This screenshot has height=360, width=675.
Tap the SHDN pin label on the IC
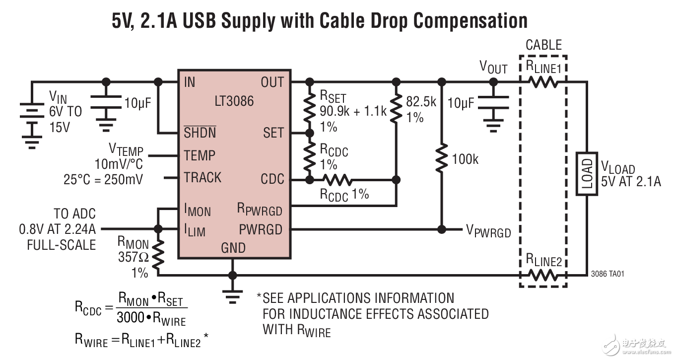coord(200,133)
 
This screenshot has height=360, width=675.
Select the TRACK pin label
coord(202,178)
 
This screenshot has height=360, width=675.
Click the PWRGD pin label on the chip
coord(260,230)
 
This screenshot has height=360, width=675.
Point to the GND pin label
coord(233,247)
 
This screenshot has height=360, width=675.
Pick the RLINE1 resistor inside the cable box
coord(543,82)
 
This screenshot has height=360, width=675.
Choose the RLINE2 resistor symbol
coord(543,275)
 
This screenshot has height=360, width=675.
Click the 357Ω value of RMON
coord(133,257)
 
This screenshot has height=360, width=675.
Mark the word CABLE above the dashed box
coord(543,45)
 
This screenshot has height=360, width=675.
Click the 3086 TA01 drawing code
coord(607,274)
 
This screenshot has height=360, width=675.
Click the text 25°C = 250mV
coord(103,179)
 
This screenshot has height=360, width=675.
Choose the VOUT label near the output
coord(493,67)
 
